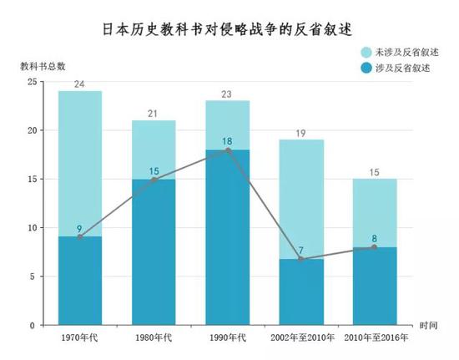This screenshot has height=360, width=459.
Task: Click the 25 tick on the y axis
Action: click(32, 82)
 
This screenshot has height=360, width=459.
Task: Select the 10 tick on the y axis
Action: click(32, 228)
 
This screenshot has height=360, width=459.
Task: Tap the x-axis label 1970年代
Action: click(80, 339)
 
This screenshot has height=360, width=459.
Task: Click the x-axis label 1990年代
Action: click(227, 339)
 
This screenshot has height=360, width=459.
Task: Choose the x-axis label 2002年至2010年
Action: click(300, 339)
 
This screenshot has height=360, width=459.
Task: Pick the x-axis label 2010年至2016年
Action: click(374, 339)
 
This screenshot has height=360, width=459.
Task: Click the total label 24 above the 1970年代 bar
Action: click(80, 84)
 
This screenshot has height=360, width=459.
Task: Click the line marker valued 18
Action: click(227, 150)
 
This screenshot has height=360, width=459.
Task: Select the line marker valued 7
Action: click(300, 259)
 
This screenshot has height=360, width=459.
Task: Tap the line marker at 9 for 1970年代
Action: click(80, 237)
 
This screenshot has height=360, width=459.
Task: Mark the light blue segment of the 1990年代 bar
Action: click(227, 124)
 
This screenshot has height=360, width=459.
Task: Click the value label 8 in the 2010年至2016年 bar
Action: click(374, 238)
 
